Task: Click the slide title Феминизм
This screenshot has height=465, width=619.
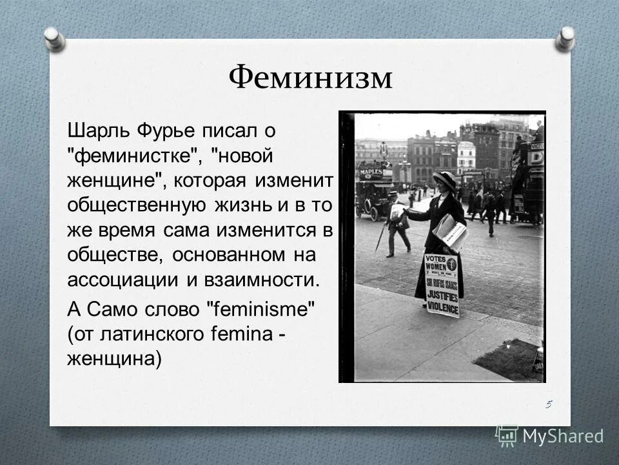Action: pyautogui.click(x=310, y=78)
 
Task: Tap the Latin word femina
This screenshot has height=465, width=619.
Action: pyautogui.click(x=246, y=334)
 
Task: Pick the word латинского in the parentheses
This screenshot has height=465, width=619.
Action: pyautogui.click(x=151, y=334)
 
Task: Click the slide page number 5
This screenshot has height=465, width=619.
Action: pyautogui.click(x=548, y=404)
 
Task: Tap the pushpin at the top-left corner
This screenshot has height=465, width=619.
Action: pyautogui.click(x=54, y=38)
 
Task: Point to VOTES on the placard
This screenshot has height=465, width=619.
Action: pyautogui.click(x=436, y=260)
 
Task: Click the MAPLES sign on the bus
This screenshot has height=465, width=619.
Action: pyautogui.click(x=370, y=172)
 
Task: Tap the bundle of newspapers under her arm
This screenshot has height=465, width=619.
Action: pyautogui.click(x=451, y=231)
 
